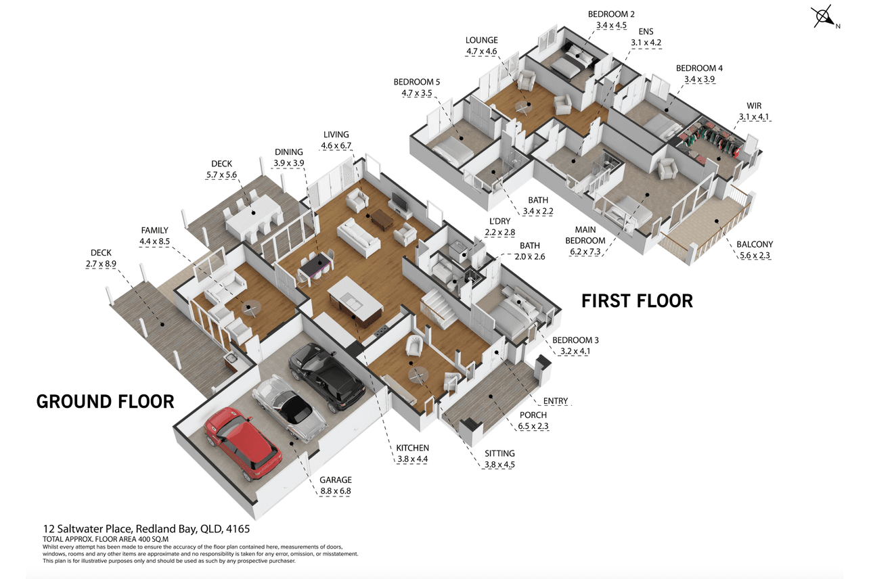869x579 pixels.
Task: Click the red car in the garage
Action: [x=242, y=443]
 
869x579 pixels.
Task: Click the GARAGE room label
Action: [x=336, y=480]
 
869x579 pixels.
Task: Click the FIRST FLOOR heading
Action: [x=637, y=301]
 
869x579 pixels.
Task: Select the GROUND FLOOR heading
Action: [x=105, y=401]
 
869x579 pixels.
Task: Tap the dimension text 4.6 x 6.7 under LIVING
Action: [x=336, y=146]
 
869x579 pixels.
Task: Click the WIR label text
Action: [x=754, y=106]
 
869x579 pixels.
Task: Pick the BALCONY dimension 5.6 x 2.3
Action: [x=755, y=256]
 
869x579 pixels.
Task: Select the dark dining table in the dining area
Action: [x=316, y=265]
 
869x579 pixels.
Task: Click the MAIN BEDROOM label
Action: [x=585, y=235]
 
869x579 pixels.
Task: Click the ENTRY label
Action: [x=556, y=401]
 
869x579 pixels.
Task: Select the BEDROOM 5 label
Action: [x=417, y=82]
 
